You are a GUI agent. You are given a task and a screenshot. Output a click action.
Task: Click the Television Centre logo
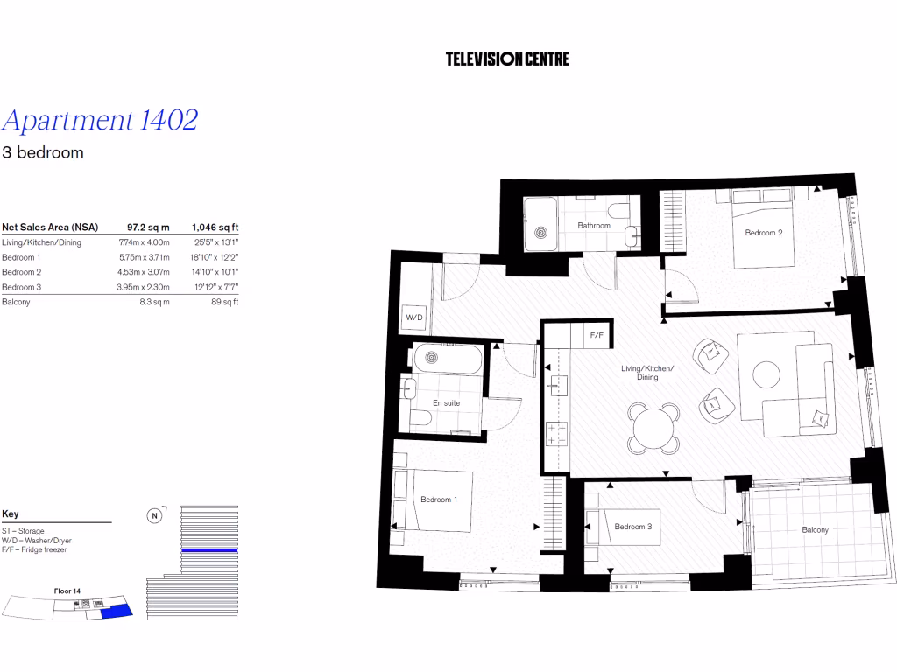507,59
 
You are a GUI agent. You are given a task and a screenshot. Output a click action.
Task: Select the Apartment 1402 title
100,120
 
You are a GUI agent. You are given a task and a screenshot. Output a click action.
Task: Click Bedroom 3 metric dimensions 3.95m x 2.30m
144,287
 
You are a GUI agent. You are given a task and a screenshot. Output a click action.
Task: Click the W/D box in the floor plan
413,318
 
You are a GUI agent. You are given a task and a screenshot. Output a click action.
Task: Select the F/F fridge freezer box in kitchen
597,335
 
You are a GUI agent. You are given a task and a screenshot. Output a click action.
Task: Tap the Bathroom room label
593,226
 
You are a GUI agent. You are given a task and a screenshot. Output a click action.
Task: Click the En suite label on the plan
446,403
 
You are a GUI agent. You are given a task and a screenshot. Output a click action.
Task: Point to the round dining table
653,429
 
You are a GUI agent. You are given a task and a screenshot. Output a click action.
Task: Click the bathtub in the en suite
447,358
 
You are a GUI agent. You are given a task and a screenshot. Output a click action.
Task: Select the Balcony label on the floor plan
815,530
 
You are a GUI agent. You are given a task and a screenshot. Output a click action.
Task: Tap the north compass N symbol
154,515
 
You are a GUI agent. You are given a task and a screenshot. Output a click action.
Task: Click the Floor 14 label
67,592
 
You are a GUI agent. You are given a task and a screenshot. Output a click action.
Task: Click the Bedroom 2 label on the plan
763,233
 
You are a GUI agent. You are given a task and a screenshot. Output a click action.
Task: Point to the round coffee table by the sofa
767,374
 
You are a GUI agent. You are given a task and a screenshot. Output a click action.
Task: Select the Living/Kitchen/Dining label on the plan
646,373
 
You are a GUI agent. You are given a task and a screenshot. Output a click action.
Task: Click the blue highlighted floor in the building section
209,550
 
